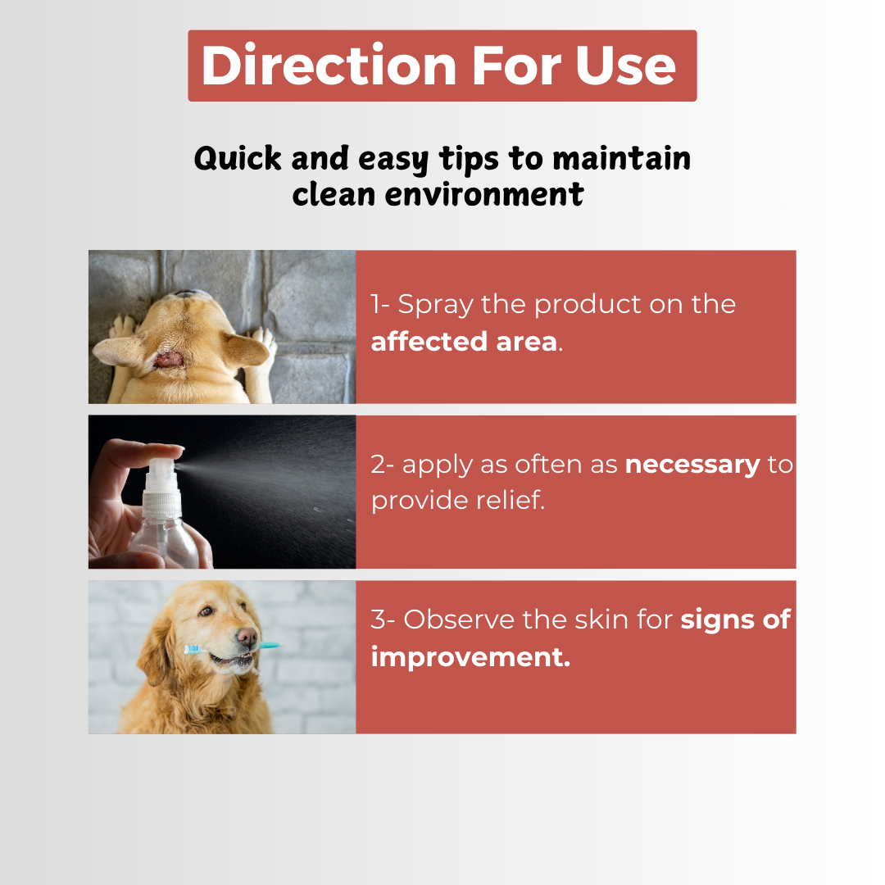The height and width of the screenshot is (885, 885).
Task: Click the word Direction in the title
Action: click(x=329, y=66)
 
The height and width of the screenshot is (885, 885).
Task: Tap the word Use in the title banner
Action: click(x=624, y=66)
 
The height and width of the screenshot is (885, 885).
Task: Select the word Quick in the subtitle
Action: click(x=238, y=159)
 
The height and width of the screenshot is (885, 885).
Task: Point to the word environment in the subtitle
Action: click(x=484, y=195)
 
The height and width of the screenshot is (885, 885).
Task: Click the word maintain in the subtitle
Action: click(x=621, y=158)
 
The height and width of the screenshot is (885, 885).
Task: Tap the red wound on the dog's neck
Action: click(x=168, y=360)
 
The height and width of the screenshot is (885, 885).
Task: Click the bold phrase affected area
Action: click(x=464, y=342)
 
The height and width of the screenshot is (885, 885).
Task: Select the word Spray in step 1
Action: click(x=435, y=306)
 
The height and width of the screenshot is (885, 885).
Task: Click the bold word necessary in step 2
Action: click(x=692, y=465)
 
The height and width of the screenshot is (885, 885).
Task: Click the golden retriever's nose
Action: click(x=247, y=637)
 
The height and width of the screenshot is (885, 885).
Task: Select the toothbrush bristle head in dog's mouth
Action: click(x=193, y=650)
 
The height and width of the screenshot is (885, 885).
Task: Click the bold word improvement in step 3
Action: click(x=470, y=657)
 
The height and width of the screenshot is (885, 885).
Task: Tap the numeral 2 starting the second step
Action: click(x=378, y=465)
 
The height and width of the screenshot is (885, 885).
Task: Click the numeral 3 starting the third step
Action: click(x=378, y=619)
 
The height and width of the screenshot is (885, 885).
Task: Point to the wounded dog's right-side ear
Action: click(x=244, y=348)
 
